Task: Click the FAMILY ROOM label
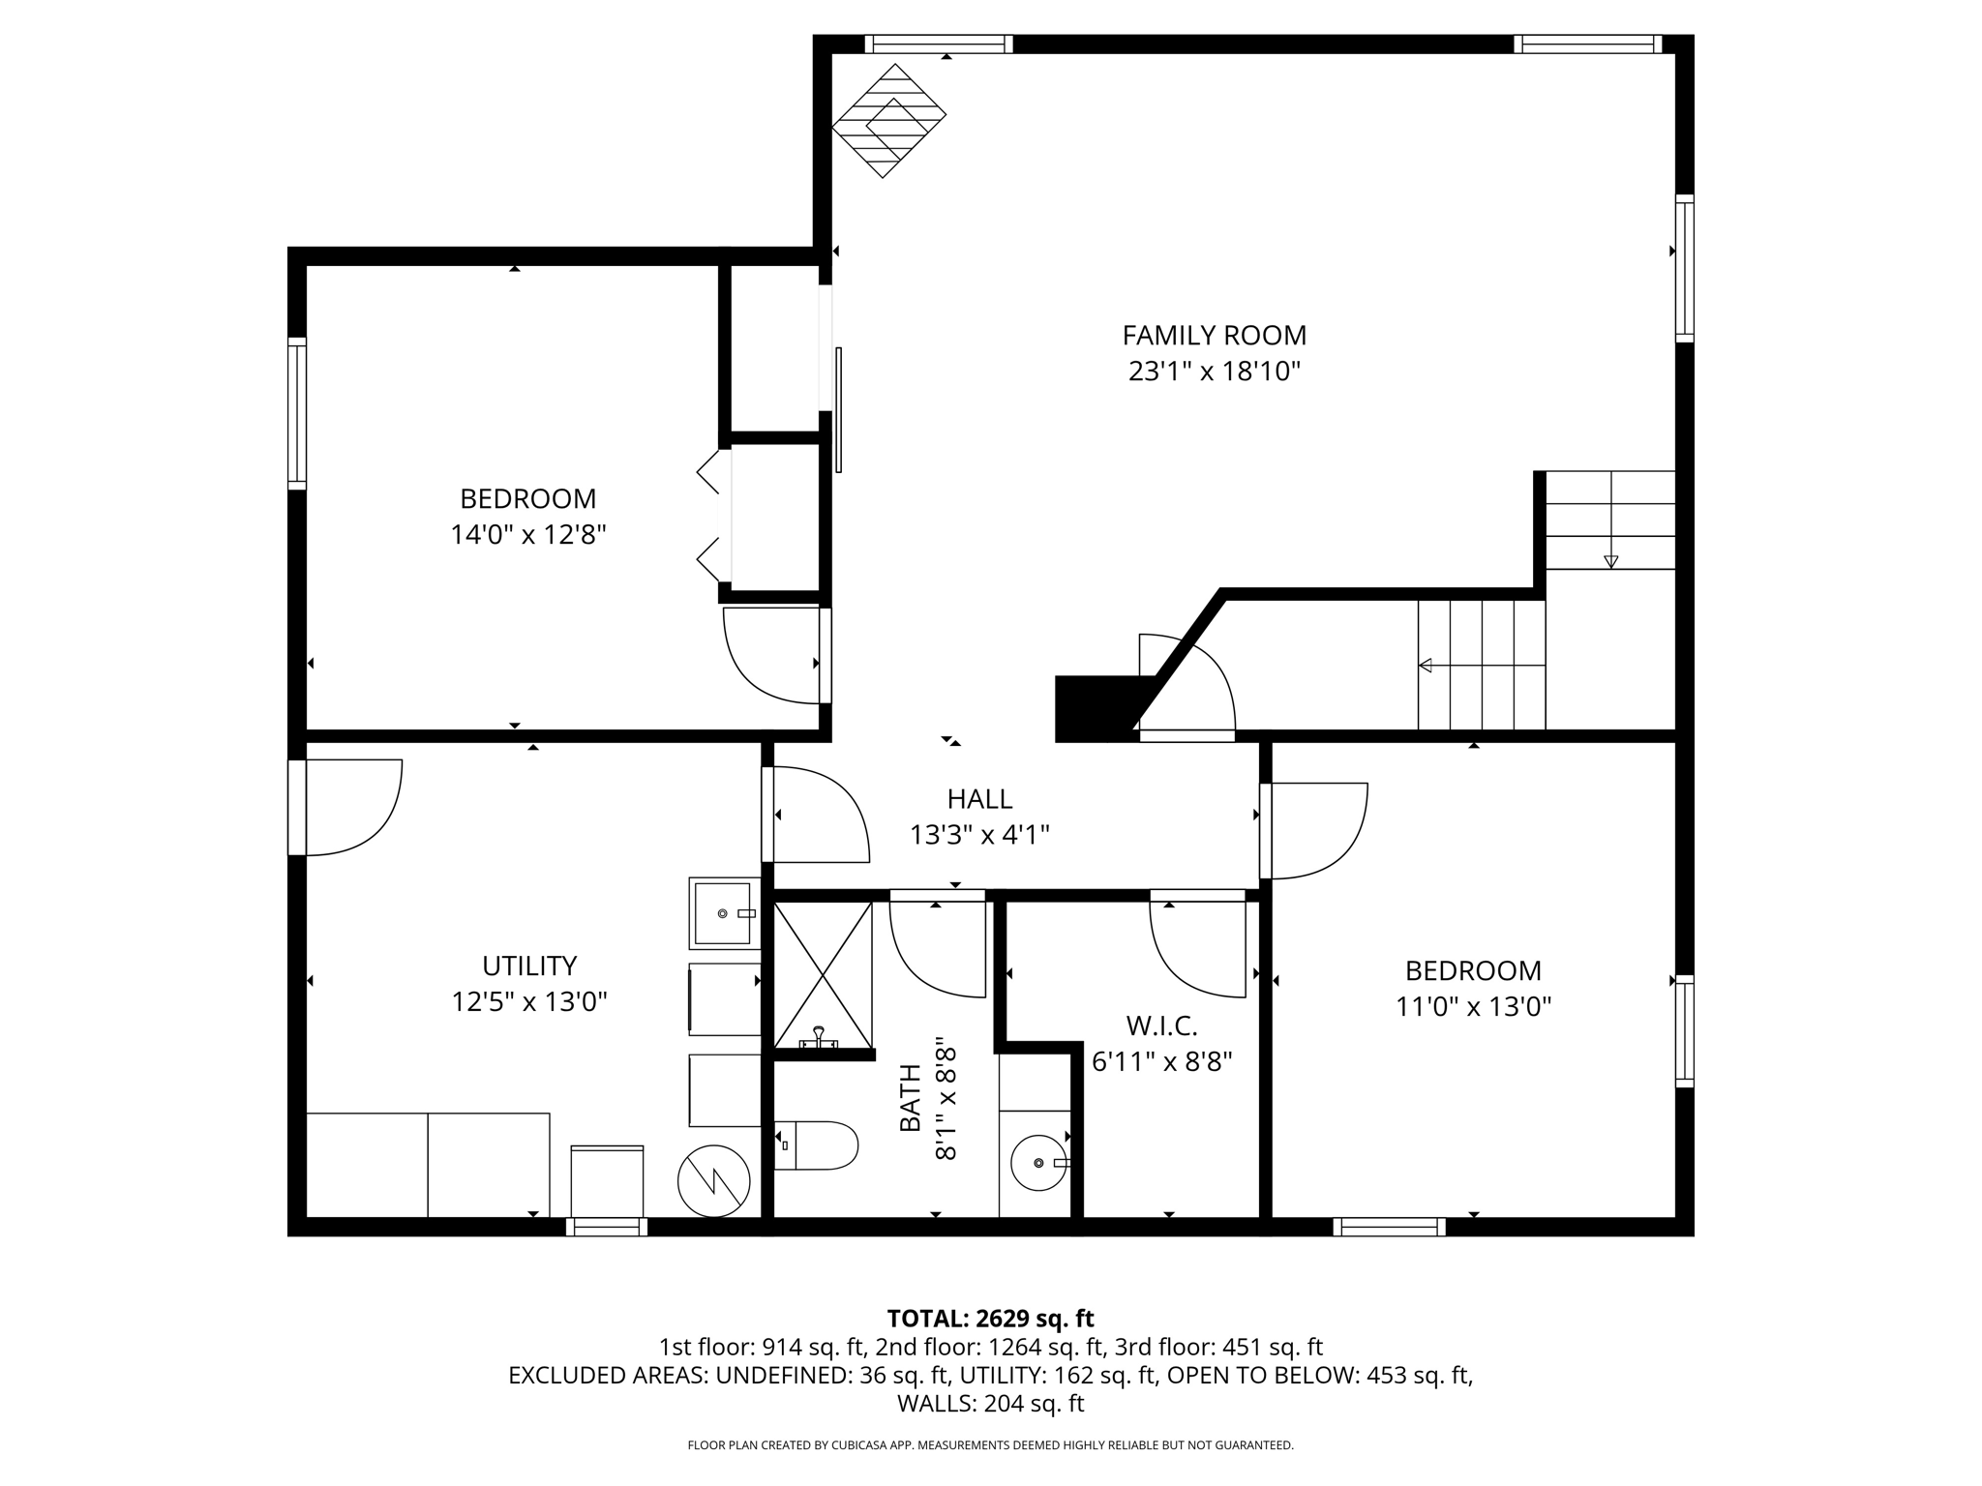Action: click(x=1214, y=336)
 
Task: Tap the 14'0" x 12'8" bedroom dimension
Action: click(x=527, y=535)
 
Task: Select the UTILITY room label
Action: click(x=529, y=966)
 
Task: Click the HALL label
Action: click(x=979, y=799)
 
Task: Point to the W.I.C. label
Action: click(x=1161, y=1025)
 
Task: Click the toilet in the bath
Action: click(x=818, y=1145)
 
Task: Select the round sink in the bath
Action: click(x=1037, y=1161)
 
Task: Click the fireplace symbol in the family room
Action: click(x=888, y=121)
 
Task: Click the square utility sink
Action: click(x=723, y=913)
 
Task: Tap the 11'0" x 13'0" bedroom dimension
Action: click(x=1473, y=1007)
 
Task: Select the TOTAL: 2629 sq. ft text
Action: click(x=990, y=1319)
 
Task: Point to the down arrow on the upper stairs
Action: click(x=1610, y=561)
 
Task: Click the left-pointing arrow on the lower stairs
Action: click(x=1426, y=665)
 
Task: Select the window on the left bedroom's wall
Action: click(x=297, y=413)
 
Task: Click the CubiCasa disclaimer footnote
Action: click(x=990, y=1445)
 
